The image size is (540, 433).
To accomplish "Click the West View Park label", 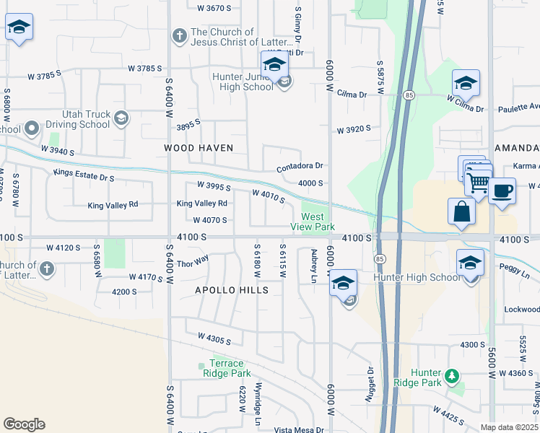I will (318, 222).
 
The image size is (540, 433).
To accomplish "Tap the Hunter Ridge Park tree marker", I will (452, 376).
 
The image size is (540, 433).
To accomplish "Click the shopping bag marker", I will (461, 212).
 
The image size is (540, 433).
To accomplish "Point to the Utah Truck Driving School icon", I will (121, 118).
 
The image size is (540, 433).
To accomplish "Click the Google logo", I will (24, 424).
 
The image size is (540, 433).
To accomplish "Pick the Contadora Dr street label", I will (299, 167).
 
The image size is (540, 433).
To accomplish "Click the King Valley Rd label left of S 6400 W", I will (113, 206).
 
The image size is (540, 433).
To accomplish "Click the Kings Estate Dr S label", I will (84, 175).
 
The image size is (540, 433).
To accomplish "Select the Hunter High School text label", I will (416, 277).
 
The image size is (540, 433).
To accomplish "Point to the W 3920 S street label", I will (353, 130).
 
